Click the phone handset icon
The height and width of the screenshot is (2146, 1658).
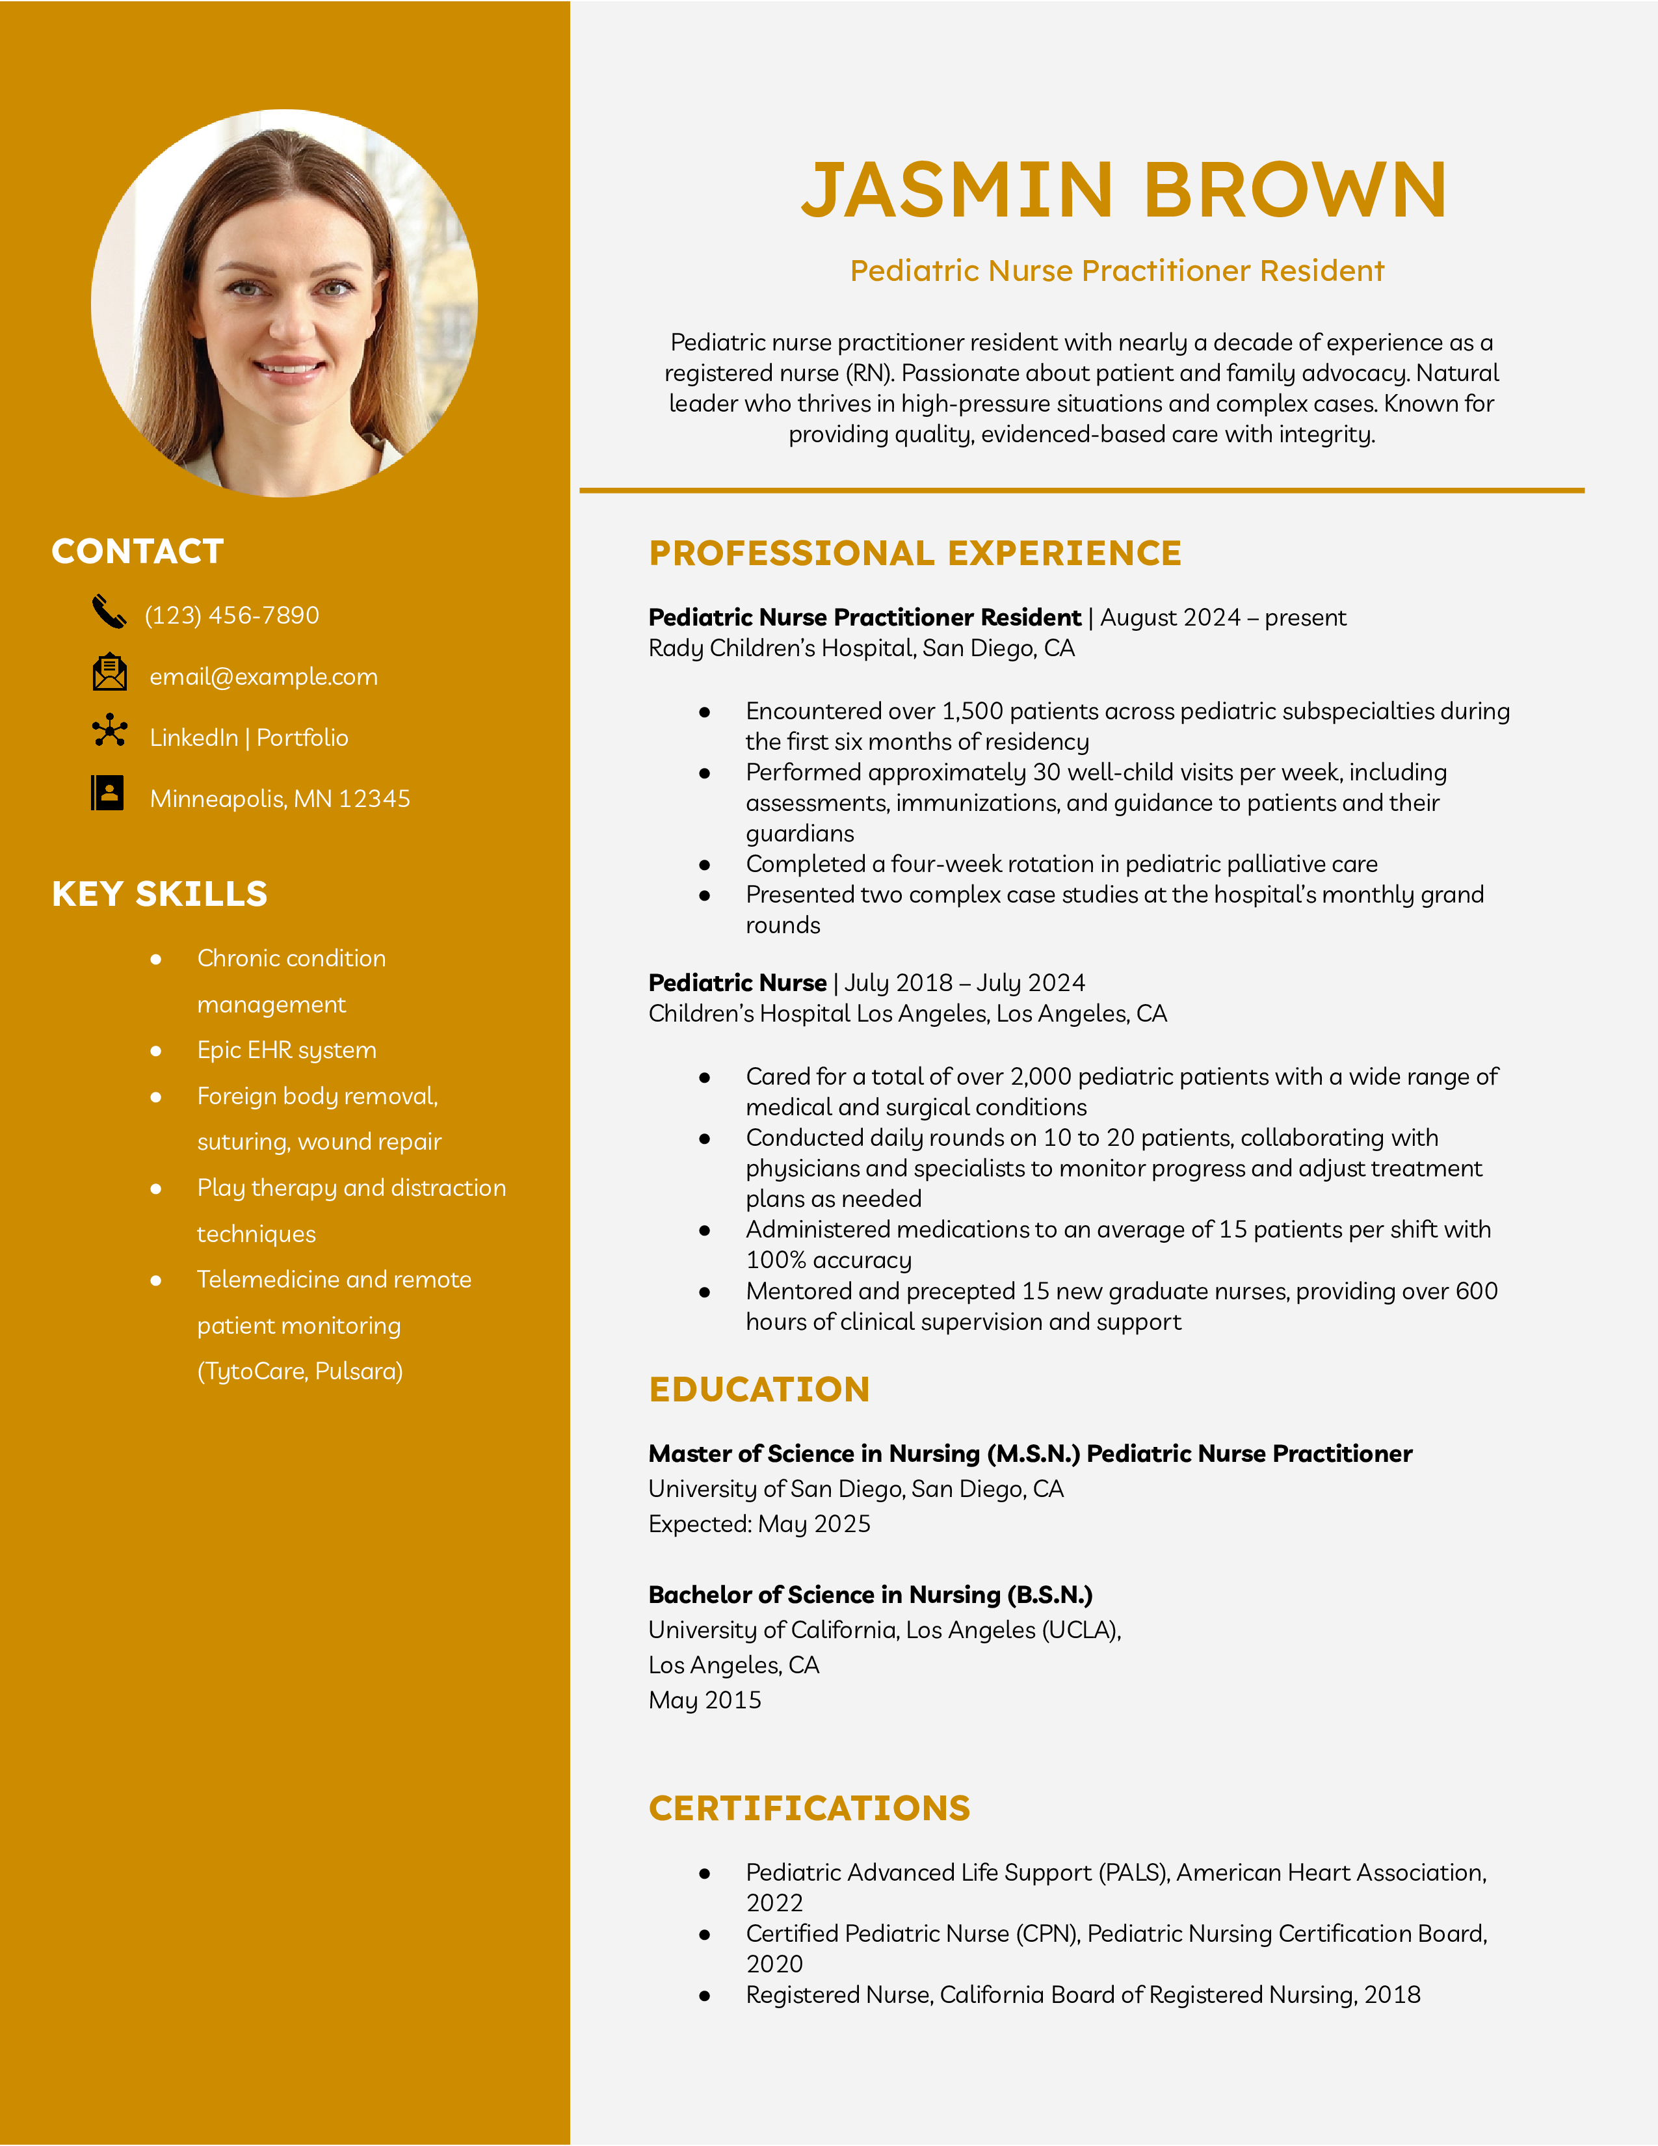109,612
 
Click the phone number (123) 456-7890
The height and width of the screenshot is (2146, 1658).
232,616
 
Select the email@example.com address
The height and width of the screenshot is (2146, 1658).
263,677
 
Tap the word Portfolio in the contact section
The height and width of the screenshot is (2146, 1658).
302,738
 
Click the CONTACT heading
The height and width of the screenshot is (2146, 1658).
137,551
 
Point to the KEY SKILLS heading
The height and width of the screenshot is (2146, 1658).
159,894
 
